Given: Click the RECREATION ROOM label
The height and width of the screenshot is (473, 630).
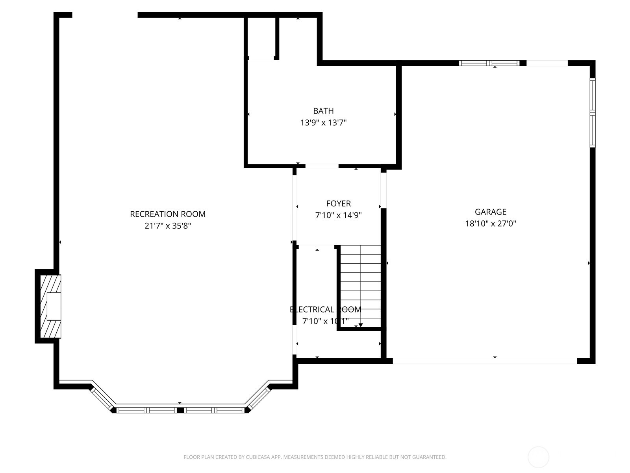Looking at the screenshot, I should (x=168, y=214).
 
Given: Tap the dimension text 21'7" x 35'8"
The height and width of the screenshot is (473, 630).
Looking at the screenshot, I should (x=168, y=226).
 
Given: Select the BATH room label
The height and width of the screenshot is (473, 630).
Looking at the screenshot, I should (x=323, y=111).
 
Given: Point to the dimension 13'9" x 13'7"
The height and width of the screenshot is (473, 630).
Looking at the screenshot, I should (x=323, y=123).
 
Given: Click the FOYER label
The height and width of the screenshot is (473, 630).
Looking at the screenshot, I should (x=338, y=203).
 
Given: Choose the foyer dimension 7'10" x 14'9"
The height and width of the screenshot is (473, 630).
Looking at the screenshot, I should (x=338, y=215).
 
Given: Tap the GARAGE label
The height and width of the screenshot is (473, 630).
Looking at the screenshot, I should (x=490, y=212).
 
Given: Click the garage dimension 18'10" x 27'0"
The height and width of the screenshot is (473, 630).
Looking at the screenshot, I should (x=490, y=223).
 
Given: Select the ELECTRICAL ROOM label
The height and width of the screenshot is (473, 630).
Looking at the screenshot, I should (x=325, y=309).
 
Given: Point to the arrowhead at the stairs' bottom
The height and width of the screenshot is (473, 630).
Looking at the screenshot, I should (x=360, y=325).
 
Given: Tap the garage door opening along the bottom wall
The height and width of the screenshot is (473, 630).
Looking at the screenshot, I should (x=484, y=361).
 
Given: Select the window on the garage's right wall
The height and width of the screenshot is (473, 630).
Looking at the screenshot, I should (x=592, y=113).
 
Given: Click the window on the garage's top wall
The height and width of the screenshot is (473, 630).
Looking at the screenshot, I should (x=489, y=63).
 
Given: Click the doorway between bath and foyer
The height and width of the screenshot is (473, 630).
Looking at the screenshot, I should (x=322, y=166).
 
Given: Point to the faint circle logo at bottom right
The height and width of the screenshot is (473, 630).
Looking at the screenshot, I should (x=538, y=457).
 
